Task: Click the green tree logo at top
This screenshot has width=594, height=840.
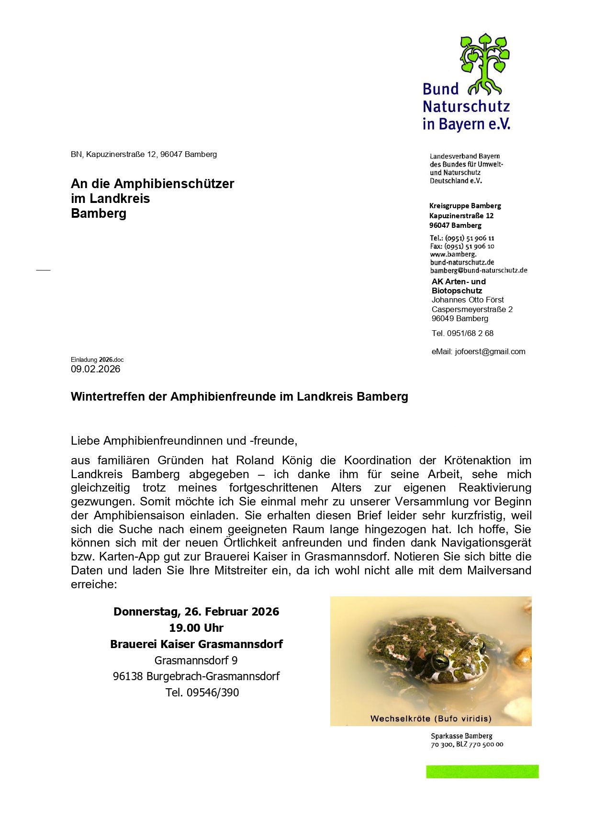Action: [x=484, y=62]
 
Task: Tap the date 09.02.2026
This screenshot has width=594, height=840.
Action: [x=96, y=369]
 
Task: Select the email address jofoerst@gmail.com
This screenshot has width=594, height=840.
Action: [x=490, y=351]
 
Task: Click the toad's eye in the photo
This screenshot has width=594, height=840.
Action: [x=440, y=661]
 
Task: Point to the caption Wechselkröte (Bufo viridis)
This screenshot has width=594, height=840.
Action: [x=431, y=718]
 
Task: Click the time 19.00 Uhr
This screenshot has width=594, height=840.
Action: [x=196, y=628]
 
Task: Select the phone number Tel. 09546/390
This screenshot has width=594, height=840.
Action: [x=202, y=693]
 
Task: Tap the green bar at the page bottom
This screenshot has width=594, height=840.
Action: [x=482, y=772]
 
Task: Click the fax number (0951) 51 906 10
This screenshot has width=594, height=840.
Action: [x=469, y=246]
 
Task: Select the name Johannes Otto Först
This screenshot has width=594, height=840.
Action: [x=468, y=300]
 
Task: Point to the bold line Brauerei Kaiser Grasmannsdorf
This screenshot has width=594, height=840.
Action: [x=196, y=644]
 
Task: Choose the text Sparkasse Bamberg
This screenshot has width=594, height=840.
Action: [x=461, y=736]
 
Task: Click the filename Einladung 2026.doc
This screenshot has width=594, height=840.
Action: [x=97, y=359]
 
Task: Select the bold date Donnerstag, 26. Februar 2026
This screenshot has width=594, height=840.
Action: [x=196, y=612]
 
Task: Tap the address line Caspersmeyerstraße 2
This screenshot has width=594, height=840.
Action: [x=472, y=309]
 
